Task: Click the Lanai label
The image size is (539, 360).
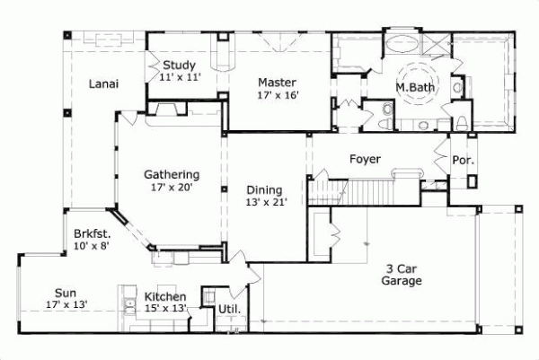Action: pos(105,84)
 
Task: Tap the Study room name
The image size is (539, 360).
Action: pos(180,66)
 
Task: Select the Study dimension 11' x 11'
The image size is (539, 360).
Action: pos(180,78)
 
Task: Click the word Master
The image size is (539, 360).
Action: pos(278,79)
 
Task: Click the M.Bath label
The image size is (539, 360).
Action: pos(415,88)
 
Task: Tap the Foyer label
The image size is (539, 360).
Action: pos(366,160)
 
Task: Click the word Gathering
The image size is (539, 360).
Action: pos(172,175)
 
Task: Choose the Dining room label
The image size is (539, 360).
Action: pos(265,190)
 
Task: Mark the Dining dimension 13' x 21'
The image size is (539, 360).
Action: pos(265,203)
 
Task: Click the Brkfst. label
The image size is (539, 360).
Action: pos(93,233)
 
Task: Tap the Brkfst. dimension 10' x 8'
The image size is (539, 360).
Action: pos(92,246)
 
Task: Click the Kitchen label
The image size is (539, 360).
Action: pos(165,297)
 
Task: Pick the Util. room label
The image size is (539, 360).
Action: pos(228,311)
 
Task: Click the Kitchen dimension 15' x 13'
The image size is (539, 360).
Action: pos(165,309)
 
